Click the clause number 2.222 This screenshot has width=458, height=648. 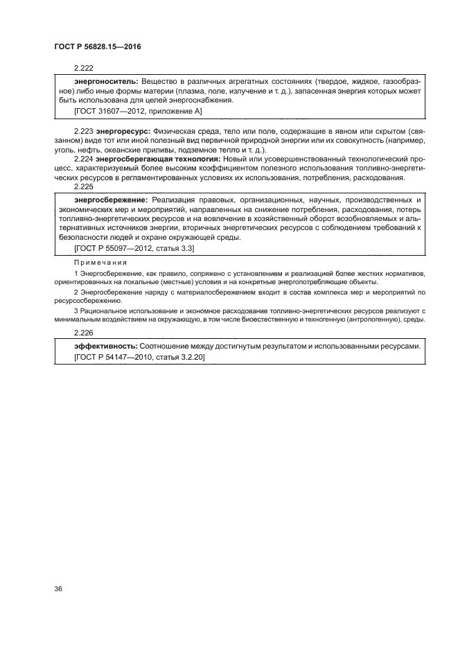click(83, 68)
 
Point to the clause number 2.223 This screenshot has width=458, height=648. click(83, 130)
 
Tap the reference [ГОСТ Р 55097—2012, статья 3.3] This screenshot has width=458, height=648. click(134, 247)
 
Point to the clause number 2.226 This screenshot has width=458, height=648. click(83, 333)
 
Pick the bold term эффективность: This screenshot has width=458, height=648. click(105, 346)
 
